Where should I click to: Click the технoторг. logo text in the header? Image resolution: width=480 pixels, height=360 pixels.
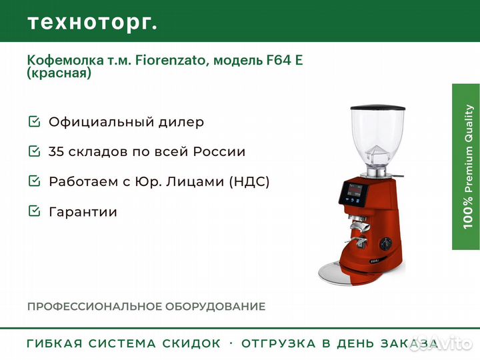click(x=93, y=23)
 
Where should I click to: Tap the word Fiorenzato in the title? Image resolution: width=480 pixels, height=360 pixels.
click(x=170, y=60)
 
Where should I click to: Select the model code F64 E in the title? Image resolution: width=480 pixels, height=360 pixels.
click(x=285, y=60)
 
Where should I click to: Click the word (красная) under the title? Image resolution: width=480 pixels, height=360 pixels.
click(x=59, y=73)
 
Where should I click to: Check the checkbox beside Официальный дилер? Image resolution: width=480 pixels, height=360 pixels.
click(x=34, y=121)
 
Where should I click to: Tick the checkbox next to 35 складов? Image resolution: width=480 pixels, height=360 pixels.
click(x=34, y=151)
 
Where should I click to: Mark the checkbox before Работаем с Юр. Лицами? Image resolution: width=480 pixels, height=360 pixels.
click(x=34, y=181)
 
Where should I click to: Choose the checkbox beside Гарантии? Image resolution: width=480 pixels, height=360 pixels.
click(x=34, y=211)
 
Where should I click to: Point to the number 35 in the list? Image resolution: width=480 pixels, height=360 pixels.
click(x=56, y=151)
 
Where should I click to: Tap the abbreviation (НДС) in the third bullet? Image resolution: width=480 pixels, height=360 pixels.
click(x=249, y=181)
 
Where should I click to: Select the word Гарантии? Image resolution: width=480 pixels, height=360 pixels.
click(x=83, y=212)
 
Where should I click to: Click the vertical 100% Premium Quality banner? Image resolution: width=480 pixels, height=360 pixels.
click(x=466, y=167)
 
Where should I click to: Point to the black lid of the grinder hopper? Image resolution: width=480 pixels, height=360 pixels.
click(x=379, y=109)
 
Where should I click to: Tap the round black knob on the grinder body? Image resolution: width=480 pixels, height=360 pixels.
click(x=386, y=243)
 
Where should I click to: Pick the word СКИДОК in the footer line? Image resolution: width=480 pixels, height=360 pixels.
click(x=191, y=343)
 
